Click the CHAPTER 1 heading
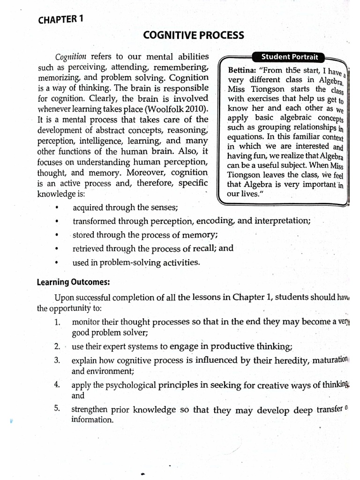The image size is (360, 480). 60,19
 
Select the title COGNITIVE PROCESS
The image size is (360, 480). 193,35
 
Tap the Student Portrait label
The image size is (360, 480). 289,57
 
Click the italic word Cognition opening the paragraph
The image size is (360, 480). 71,57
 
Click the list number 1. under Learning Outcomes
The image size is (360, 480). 57,322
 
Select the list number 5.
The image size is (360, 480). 57,408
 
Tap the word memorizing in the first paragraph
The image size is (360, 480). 59,78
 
